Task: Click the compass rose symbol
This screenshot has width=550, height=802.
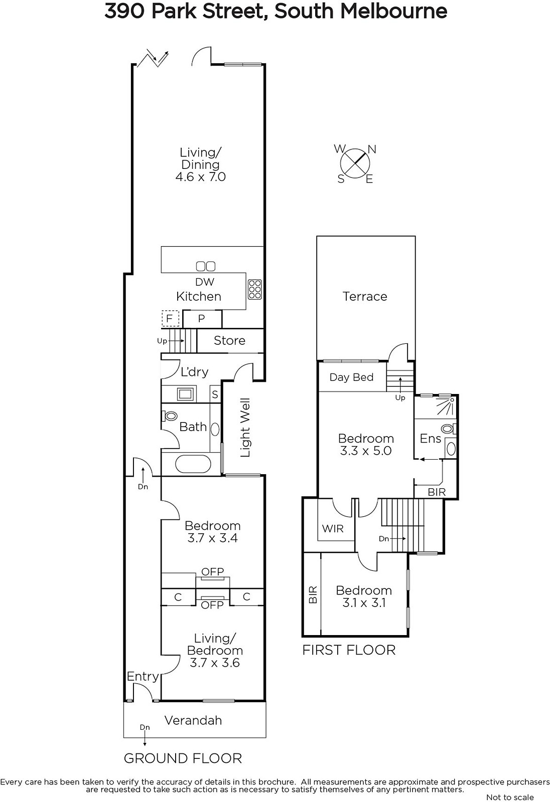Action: [355, 163]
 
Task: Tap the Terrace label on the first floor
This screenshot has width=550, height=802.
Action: [365, 296]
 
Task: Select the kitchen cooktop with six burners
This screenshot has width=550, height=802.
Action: [254, 289]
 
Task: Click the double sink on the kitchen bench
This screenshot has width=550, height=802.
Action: [206, 266]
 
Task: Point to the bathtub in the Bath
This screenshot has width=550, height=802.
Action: [193, 464]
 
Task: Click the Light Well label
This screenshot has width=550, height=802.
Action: [245, 428]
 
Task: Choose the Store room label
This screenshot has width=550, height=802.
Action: [229, 340]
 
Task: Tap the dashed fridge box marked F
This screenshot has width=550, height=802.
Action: [170, 318]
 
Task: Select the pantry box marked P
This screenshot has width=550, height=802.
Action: [202, 319]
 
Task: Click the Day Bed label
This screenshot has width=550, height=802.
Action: [351, 377]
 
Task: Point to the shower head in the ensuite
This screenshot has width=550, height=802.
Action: [452, 399]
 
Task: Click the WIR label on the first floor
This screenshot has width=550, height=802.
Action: [332, 528]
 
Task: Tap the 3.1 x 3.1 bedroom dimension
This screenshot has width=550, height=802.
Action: [364, 603]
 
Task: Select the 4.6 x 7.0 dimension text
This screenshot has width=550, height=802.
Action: [200, 176]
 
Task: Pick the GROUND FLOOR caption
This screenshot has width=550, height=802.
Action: [183, 758]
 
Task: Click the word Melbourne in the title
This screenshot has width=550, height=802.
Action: [393, 11]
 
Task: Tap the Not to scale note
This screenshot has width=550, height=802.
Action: [510, 797]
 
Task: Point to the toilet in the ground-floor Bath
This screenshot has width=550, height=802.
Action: [170, 416]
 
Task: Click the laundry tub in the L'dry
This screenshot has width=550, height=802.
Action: [185, 394]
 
